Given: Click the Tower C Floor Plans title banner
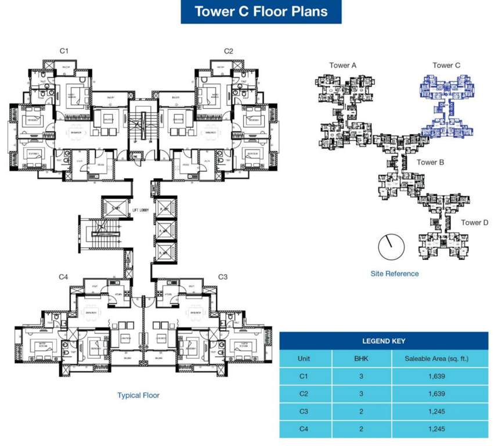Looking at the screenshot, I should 261,12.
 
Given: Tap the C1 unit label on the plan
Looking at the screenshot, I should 64,52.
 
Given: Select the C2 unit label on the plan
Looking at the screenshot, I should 229,52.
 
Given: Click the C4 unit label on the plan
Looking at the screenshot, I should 64,278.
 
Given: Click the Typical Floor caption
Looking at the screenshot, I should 138,395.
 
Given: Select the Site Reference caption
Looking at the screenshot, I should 395,274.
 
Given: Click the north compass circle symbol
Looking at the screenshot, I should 390,247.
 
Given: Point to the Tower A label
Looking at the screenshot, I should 343,66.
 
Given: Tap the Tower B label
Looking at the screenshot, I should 430,163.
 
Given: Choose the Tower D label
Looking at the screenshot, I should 475,223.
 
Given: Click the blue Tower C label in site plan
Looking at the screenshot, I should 446,66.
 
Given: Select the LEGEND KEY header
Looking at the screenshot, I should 384,341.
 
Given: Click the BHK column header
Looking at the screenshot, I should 361,358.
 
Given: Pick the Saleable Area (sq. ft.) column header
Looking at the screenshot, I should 436,358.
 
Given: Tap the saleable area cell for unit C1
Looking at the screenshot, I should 436,376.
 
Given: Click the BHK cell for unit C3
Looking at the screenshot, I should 361,411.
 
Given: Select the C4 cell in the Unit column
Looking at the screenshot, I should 303,429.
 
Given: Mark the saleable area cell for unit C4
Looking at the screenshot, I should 436,429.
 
